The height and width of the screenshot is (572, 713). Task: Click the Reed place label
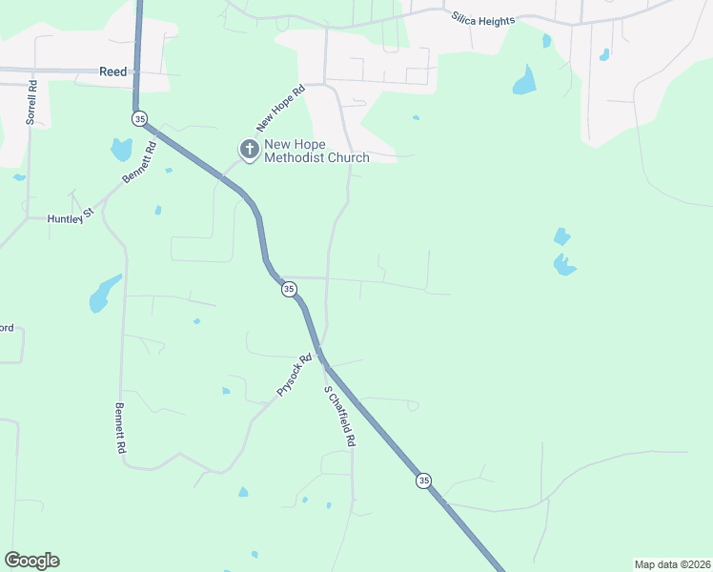pos(112,71)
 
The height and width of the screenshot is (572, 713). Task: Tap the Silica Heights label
pos(483,19)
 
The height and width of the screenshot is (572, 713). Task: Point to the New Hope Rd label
pos(279,109)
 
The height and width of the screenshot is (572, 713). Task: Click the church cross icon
pos(249,149)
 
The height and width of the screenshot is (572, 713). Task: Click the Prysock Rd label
pos(294,376)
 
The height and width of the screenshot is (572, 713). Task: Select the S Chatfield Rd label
pos(339,417)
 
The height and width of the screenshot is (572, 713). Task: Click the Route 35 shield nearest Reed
pos(140,118)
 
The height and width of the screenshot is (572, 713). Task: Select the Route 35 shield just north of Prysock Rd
pos(288,289)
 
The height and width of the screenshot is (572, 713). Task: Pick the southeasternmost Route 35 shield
pos(423,480)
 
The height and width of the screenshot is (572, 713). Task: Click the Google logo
pos(31,561)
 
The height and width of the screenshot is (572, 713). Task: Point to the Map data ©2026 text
pos(671,564)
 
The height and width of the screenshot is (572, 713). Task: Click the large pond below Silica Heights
pos(524,81)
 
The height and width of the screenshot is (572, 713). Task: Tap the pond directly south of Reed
pos(121,149)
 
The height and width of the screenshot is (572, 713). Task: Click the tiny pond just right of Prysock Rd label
pos(226,391)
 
